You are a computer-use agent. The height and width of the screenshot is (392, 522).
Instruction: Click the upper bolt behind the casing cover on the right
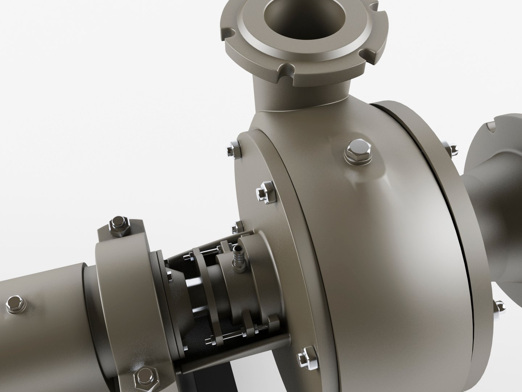coord(452,149)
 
